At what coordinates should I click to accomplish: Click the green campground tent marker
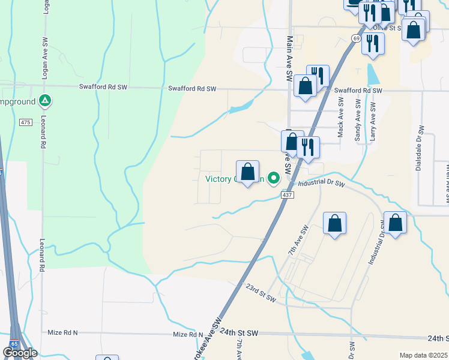point(44,101)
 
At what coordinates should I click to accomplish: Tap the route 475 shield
point(25,122)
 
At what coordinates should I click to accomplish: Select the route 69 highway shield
point(356,38)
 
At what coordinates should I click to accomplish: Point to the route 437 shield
point(287,195)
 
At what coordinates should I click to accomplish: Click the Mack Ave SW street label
point(340,119)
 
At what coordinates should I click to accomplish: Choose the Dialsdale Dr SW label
point(420,148)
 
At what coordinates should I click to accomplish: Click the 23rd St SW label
point(261,292)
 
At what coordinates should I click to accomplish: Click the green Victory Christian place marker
point(274,178)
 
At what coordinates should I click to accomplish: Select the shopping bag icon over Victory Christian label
point(247,172)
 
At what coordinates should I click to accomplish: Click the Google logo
point(20,353)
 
